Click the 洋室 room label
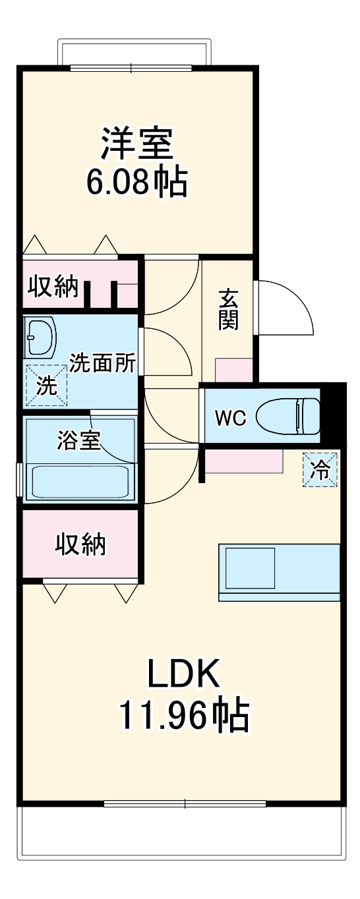click(136, 144)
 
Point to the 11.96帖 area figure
click(183, 716)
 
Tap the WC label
click(231, 417)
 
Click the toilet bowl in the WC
click(287, 416)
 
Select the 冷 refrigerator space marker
click(320, 470)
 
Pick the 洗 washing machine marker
click(46, 385)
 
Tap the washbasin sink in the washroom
click(40, 336)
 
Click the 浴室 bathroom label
click(78, 441)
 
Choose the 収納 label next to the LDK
click(80, 544)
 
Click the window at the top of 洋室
click(131, 67)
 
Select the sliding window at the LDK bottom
click(185, 803)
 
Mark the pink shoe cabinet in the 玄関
click(234, 370)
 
